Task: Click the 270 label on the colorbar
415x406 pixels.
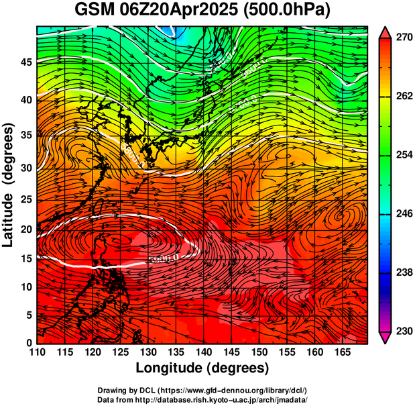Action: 404,38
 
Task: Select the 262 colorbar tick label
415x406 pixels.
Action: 404,97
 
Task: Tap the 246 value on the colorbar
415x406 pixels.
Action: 404,214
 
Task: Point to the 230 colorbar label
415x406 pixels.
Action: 404,332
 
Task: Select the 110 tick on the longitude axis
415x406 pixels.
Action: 37,352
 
